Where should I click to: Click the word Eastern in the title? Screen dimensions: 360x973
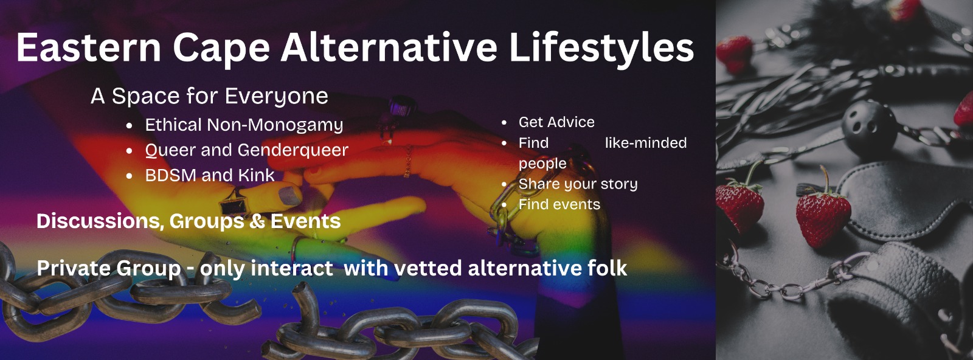pyautogui.click(x=88, y=47)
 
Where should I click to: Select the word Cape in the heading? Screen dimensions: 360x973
pyautogui.click(x=221, y=47)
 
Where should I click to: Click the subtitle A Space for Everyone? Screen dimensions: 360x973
pyautogui.click(x=209, y=96)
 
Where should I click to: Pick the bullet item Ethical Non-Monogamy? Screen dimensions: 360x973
pyautogui.click(x=243, y=125)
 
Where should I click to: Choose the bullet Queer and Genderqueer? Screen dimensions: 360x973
pyautogui.click(x=246, y=150)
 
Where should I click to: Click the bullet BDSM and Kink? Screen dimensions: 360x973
pyautogui.click(x=209, y=175)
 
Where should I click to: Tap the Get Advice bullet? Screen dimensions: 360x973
pyautogui.click(x=556, y=122)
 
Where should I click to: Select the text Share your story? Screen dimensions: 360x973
pyautogui.click(x=578, y=184)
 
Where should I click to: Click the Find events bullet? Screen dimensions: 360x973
pyautogui.click(x=559, y=204)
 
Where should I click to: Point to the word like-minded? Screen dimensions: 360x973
pyautogui.click(x=645, y=143)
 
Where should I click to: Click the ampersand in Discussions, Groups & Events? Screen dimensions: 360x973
pyautogui.click(x=256, y=221)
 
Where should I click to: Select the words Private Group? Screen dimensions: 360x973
pyautogui.click(x=109, y=268)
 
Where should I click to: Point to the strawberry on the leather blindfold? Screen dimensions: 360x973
pyautogui.click(x=823, y=213)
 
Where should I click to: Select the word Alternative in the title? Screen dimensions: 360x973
pyautogui.click(x=389, y=47)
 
